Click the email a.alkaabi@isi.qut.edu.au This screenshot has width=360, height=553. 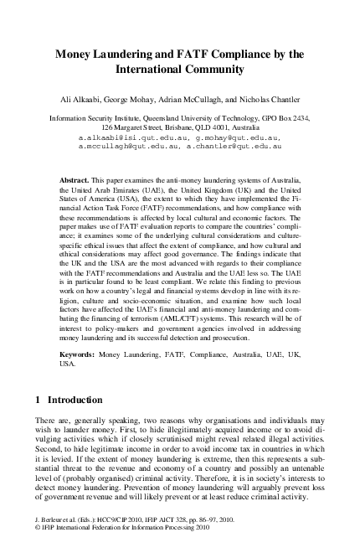tap(131, 134)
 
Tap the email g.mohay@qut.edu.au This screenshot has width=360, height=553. tap(234, 134)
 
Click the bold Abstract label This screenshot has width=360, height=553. tap(78, 180)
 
